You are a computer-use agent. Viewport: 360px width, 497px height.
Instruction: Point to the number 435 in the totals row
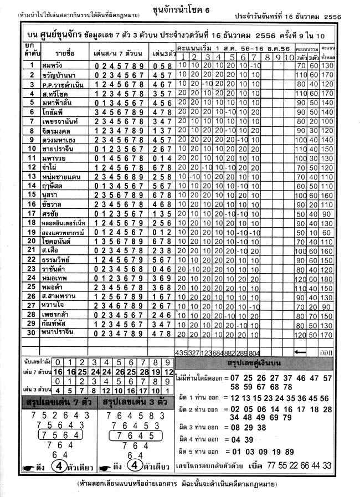181,352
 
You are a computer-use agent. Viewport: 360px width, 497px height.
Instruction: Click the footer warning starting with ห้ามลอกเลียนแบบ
181,485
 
